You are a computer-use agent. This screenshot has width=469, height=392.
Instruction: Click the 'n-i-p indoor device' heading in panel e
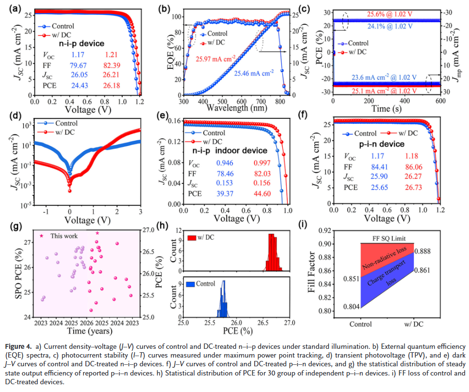pos(227,151)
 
